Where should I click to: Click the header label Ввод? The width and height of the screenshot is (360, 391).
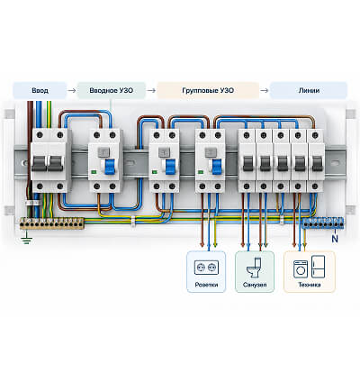click(x=40, y=90)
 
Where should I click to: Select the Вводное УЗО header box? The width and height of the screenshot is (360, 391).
click(x=112, y=90)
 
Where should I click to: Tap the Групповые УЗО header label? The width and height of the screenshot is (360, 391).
click(x=208, y=90)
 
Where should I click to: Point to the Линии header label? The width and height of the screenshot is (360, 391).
click(x=309, y=90)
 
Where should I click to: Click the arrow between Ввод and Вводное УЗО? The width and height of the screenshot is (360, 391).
click(x=72, y=90)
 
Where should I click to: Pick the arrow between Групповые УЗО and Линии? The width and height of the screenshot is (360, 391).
click(x=265, y=90)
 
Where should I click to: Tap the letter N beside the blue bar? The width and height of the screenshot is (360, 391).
click(x=335, y=239)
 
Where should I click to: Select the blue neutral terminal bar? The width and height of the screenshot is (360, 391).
click(x=322, y=223)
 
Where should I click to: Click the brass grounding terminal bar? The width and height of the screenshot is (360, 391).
click(x=52, y=223)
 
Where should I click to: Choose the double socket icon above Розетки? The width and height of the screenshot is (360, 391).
click(x=206, y=268)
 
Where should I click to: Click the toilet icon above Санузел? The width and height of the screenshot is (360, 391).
click(x=255, y=268)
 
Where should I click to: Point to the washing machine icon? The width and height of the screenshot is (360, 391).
click(x=301, y=268)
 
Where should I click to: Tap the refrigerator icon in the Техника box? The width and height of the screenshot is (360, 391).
click(x=318, y=267)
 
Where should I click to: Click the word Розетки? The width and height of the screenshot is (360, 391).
click(x=206, y=285)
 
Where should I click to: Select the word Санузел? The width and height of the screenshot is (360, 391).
click(x=255, y=285)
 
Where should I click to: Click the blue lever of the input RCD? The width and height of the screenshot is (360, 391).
click(x=110, y=167)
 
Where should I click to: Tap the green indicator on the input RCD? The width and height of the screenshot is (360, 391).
click(x=94, y=172)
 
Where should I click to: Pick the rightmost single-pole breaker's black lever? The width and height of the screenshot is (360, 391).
click(x=317, y=164)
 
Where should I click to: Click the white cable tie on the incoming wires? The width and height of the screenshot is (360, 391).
click(x=33, y=203)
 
